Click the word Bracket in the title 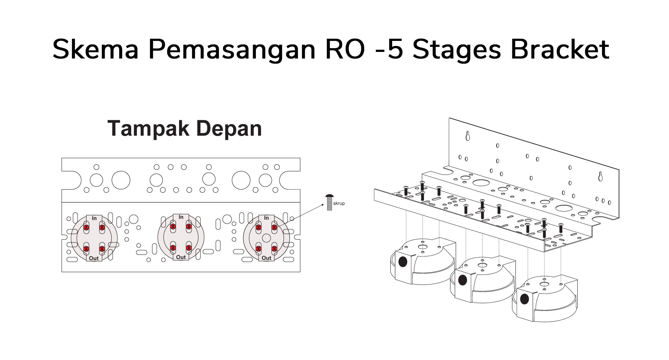(x=560, y=49)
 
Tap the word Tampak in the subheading (x=149, y=128)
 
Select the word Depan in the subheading (x=229, y=128)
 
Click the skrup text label (x=339, y=204)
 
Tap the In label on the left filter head (x=94, y=218)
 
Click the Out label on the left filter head (x=94, y=258)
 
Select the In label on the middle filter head (x=181, y=217)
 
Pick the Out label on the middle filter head (x=181, y=257)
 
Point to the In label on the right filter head (x=267, y=218)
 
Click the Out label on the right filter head (x=266, y=258)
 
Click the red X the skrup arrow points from (x=274, y=227)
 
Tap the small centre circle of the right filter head (x=267, y=238)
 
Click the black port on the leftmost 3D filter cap (x=403, y=262)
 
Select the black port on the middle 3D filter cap (x=463, y=280)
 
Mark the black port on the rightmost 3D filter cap (x=525, y=299)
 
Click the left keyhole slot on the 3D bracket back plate (x=468, y=136)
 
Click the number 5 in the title (x=395, y=49)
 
